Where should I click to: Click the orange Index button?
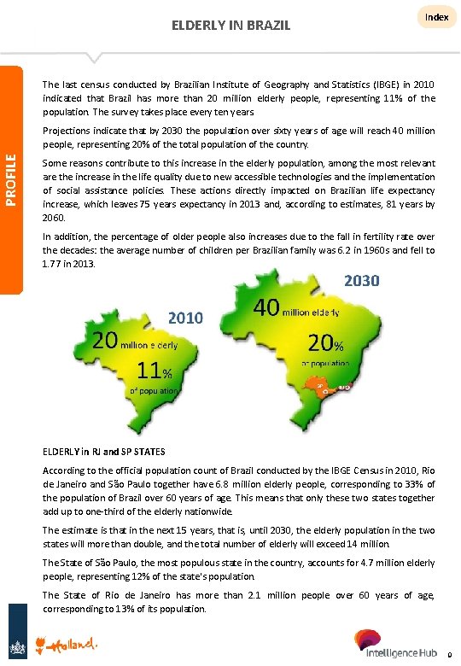click(x=437, y=18)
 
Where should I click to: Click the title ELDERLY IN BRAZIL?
click(x=230, y=26)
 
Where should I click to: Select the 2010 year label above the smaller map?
click(x=185, y=318)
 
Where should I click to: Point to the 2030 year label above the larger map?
click(x=362, y=281)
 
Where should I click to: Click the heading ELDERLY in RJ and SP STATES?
click(x=104, y=451)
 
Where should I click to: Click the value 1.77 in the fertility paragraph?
click(x=53, y=263)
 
